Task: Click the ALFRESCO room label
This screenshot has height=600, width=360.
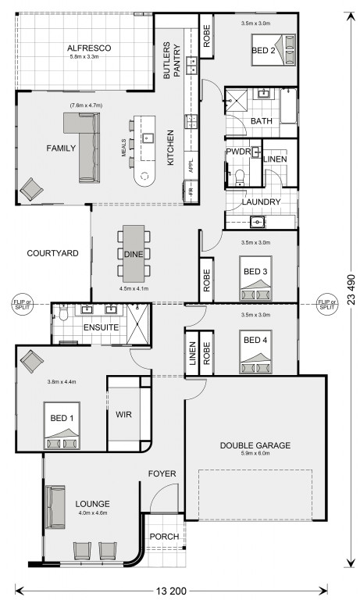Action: click(89, 48)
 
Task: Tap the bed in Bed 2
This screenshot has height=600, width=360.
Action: click(273, 50)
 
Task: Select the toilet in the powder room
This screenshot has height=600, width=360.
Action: click(240, 178)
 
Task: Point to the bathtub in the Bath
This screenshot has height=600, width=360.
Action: click(288, 106)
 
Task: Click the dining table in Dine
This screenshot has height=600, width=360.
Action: click(134, 253)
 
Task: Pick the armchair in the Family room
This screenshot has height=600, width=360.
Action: click(31, 189)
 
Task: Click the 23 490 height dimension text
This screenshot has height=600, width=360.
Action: click(351, 290)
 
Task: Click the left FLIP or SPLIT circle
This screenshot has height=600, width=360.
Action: click(21, 305)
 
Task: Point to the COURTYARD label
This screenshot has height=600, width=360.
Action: click(53, 253)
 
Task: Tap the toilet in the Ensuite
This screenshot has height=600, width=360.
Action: click(63, 312)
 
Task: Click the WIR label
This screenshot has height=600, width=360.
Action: click(123, 414)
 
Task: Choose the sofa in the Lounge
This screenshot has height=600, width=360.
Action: click(55, 507)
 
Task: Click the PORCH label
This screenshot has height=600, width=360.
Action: click(164, 537)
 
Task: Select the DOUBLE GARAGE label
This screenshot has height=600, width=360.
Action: click(255, 445)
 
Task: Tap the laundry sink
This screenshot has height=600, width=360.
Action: click(258, 222)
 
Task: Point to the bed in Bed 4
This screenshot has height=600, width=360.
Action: click(255, 352)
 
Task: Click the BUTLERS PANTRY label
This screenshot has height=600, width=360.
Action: click(171, 61)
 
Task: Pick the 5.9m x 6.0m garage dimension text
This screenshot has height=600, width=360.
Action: click(255, 453)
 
